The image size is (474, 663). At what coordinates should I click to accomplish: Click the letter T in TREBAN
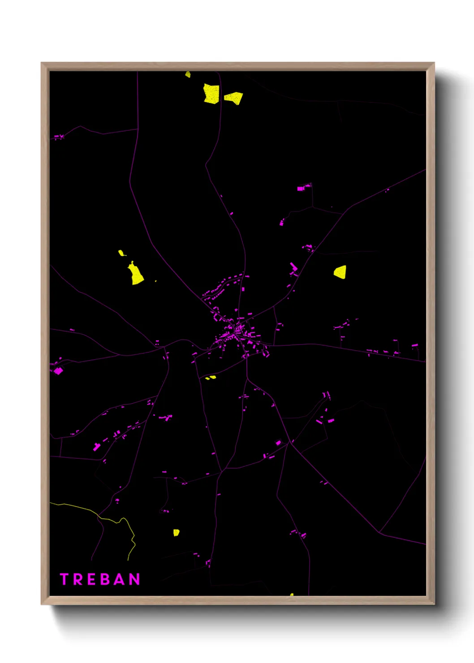[x=64, y=579]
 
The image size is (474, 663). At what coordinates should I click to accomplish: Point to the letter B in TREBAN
[x=105, y=579]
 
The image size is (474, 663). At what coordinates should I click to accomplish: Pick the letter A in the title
[x=120, y=579]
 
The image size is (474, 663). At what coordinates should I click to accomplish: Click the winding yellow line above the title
[x=114, y=520]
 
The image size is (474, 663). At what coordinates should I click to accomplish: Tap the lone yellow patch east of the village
[x=340, y=272]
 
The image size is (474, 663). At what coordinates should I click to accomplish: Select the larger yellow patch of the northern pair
[x=211, y=94]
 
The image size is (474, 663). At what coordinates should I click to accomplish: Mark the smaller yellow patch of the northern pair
[x=234, y=97]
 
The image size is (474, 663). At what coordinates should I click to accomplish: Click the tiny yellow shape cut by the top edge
[x=188, y=74]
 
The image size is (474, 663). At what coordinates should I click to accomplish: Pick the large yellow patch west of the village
[x=136, y=274]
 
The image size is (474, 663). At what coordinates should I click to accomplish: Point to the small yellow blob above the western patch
[x=121, y=253]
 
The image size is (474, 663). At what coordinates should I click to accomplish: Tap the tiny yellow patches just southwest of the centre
[x=210, y=378]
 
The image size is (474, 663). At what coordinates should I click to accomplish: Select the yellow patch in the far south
[x=176, y=532]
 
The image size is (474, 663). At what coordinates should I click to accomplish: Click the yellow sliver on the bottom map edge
[x=291, y=594]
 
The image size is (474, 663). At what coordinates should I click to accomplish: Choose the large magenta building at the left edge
[x=58, y=370]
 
